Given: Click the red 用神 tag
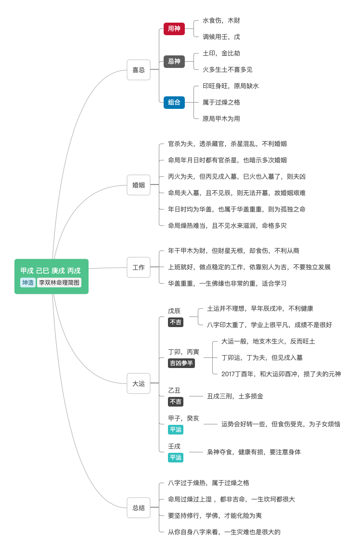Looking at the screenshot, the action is [x=174, y=28].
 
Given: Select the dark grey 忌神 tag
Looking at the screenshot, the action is [x=174, y=61].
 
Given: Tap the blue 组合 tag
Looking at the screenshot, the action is [x=174, y=102].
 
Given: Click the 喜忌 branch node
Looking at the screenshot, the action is [x=139, y=70].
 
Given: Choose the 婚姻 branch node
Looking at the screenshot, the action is [x=139, y=185].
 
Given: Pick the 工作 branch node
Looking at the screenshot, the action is [x=139, y=267].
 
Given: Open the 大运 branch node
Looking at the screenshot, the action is [x=139, y=383].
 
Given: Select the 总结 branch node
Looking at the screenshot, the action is [x=139, y=508].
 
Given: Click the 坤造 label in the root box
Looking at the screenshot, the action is [x=28, y=282].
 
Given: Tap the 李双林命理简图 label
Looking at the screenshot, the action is [x=59, y=282].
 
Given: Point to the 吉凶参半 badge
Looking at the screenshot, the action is [x=181, y=363].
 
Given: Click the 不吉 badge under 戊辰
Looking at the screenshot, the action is [x=175, y=322].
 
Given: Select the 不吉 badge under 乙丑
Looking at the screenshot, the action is [x=175, y=401].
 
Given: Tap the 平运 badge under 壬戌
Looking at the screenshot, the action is [x=175, y=458].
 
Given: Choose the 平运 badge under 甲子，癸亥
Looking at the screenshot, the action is [x=175, y=429].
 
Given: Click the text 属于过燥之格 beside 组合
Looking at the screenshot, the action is [x=221, y=102].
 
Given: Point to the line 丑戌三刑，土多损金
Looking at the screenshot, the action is [x=235, y=396].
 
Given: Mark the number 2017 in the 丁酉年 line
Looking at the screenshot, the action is [x=229, y=374].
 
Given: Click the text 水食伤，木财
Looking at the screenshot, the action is [x=221, y=20].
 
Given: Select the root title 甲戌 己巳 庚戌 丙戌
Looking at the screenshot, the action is [x=51, y=271].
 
